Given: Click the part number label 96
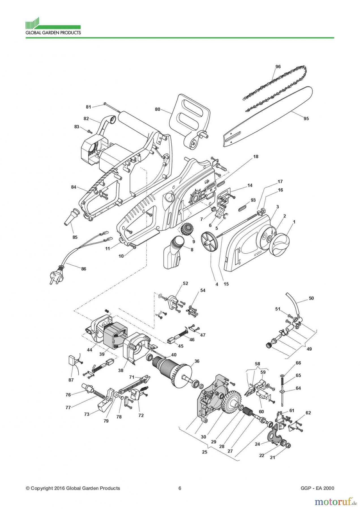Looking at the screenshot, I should point(278,66).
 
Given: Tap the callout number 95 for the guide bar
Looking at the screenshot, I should point(306,118).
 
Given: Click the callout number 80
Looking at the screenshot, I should point(158,109).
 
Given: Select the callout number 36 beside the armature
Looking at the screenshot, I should point(197,361).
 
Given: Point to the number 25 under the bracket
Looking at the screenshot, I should point(204,452).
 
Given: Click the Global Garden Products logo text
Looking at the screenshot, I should point(53,33).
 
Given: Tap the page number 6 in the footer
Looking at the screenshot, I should point(180,488).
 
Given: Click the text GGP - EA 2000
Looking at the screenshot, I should point(318,488).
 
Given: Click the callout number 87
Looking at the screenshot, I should point(71,380).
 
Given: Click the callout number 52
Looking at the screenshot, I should point(185,283).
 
